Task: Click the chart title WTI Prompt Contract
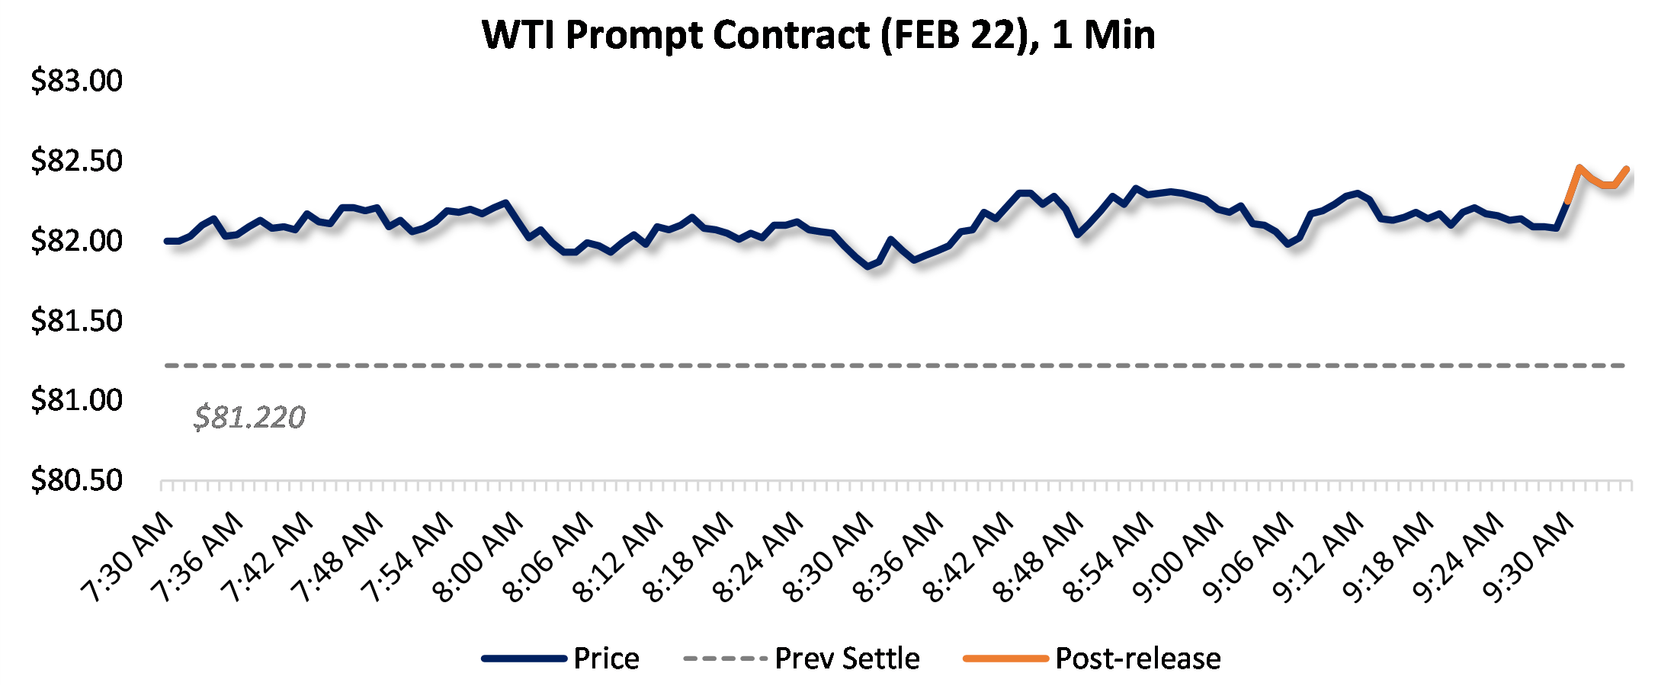[x=818, y=35]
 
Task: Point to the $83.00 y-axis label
[x=76, y=81]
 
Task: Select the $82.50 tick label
[x=76, y=161]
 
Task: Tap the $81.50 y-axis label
[x=76, y=320]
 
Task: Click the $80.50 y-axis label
[x=76, y=480]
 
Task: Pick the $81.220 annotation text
[x=249, y=417]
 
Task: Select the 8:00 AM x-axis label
[x=479, y=556]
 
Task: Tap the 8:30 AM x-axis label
[x=829, y=556]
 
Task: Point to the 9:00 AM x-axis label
[x=1179, y=556]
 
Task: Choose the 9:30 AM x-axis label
[x=1529, y=556]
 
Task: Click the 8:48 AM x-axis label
[x=1039, y=556]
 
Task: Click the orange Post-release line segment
[x=1597, y=180]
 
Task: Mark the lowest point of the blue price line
[x=867, y=266]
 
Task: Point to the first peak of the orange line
[x=1579, y=167]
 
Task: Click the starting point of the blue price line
[x=167, y=241]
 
